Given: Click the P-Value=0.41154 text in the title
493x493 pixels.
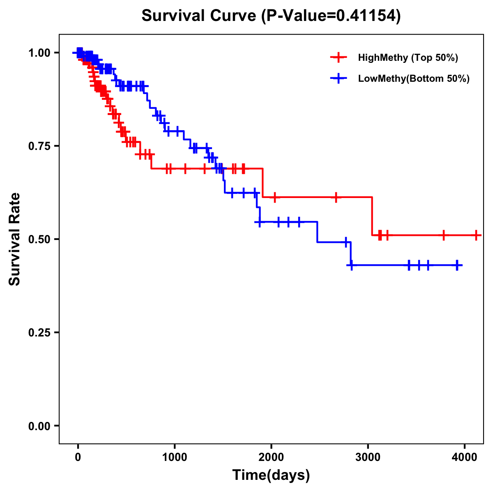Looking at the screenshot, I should point(331,16).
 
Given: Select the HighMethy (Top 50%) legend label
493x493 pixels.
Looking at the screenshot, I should point(408,58).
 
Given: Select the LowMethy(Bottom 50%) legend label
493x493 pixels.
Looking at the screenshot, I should point(413,78).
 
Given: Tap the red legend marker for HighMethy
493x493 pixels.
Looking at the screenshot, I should point(338,58).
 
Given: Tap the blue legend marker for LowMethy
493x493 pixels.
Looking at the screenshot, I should point(338,78).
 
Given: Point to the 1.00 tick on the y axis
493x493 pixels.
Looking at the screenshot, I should point(39,53).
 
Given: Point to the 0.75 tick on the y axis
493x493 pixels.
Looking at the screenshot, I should point(39,146).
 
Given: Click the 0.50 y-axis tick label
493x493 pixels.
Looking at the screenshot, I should point(39,239).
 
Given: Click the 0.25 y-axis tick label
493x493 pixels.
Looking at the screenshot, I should point(39,332).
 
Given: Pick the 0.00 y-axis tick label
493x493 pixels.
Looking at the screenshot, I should point(39,426).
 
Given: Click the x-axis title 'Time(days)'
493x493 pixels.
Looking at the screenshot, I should point(271,475).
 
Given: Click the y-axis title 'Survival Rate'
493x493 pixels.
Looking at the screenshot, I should point(15,239).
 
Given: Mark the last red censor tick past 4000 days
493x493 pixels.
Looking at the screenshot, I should point(476,235).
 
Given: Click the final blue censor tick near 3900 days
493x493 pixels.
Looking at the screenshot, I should point(457,265).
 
